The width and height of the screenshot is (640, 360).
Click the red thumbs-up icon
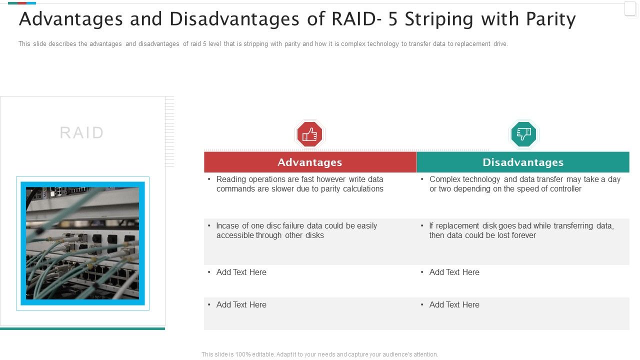click(309, 134)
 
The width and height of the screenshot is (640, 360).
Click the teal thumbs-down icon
click(523, 134)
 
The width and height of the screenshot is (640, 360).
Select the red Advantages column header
click(310, 162)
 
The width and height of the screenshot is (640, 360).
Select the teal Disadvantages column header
click(523, 162)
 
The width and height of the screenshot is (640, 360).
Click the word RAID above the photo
click(82, 133)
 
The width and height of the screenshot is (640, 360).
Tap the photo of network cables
click(82, 243)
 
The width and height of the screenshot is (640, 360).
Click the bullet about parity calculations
click(299, 184)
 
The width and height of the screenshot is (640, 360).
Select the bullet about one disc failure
click(296, 230)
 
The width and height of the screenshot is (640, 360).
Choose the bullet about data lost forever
click(521, 230)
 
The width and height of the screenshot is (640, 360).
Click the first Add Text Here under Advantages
click(241, 272)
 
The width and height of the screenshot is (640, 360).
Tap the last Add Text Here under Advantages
click(241, 305)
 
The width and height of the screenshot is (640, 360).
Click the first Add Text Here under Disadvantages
click(454, 272)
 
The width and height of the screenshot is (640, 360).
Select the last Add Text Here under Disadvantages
click(454, 305)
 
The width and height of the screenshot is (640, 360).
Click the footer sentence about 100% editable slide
click(320, 354)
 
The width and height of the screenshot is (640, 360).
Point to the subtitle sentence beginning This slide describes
click(263, 44)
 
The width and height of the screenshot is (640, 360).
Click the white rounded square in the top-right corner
click(630, 9)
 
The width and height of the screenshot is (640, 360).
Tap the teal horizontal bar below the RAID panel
click(82, 328)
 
